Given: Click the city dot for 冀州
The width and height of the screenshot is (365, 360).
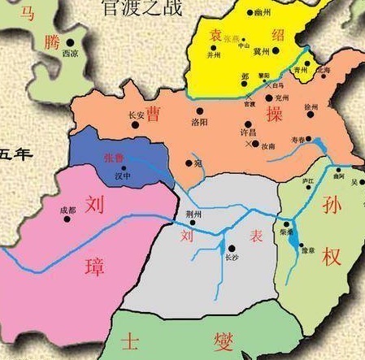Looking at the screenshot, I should pyautogui.click(x=276, y=50).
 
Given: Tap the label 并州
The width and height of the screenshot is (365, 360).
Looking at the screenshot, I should pyautogui.click(x=214, y=57).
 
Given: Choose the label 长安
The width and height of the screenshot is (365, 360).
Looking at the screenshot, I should pyautogui.click(x=136, y=116).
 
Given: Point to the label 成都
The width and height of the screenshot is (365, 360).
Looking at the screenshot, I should pyautogui.click(x=68, y=210).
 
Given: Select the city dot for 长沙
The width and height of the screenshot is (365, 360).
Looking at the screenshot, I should pyautogui.click(x=231, y=247).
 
